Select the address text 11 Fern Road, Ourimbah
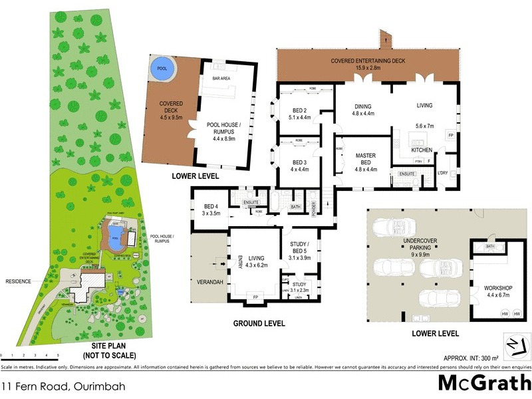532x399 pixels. click(63, 385)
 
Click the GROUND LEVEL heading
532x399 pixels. click(259, 323)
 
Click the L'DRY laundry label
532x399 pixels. click(444, 174)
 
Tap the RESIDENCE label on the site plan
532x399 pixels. click(19, 281)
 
